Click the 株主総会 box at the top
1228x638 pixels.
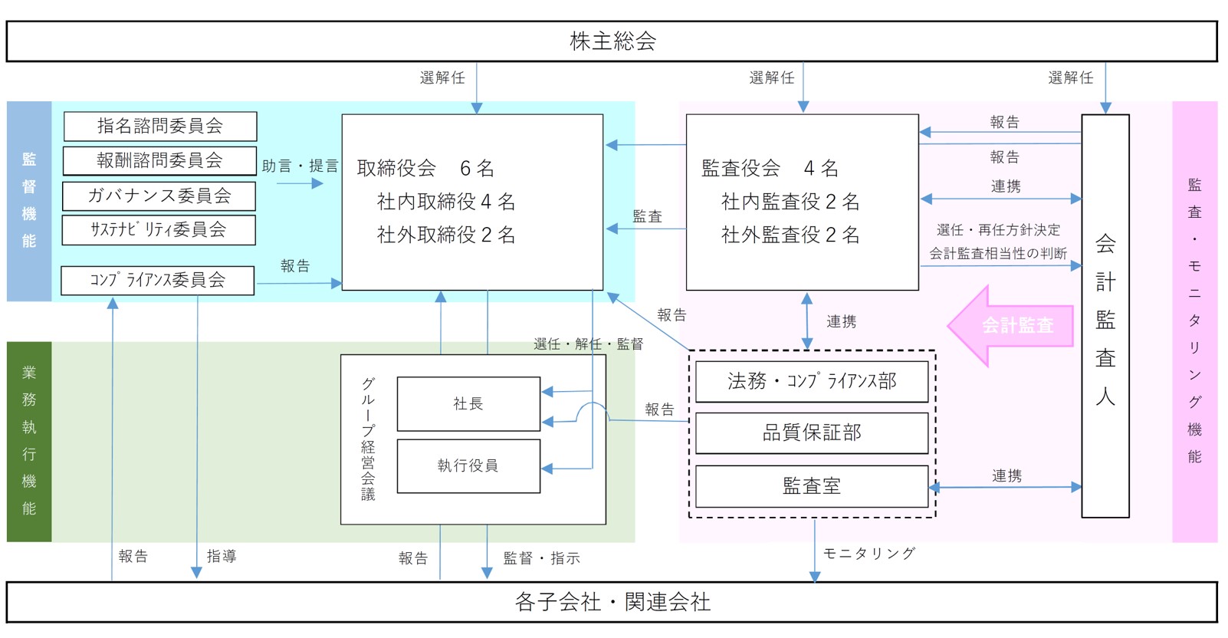click(612, 41)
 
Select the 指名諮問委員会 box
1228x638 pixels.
click(159, 127)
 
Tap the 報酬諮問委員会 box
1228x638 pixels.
click(159, 161)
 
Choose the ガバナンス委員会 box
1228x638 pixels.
click(159, 196)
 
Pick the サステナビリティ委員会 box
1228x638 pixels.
click(159, 230)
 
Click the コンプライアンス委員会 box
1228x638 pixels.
click(157, 281)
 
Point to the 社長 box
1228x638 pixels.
click(468, 404)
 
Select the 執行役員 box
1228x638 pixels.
click(468, 465)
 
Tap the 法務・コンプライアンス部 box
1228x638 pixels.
click(812, 381)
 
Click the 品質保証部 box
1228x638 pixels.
click(812, 433)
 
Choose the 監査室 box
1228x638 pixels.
click(812, 486)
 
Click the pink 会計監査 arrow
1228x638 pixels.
click(1012, 326)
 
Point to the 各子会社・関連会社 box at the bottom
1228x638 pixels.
click(612, 602)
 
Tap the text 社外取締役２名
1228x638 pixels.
click(446, 235)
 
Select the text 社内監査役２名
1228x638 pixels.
click(790, 202)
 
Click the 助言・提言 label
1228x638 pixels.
click(300, 166)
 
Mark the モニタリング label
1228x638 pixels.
click(869, 554)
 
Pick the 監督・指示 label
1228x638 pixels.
click(541, 558)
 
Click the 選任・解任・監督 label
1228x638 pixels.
click(588, 344)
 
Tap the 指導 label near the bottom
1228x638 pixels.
click(222, 557)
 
